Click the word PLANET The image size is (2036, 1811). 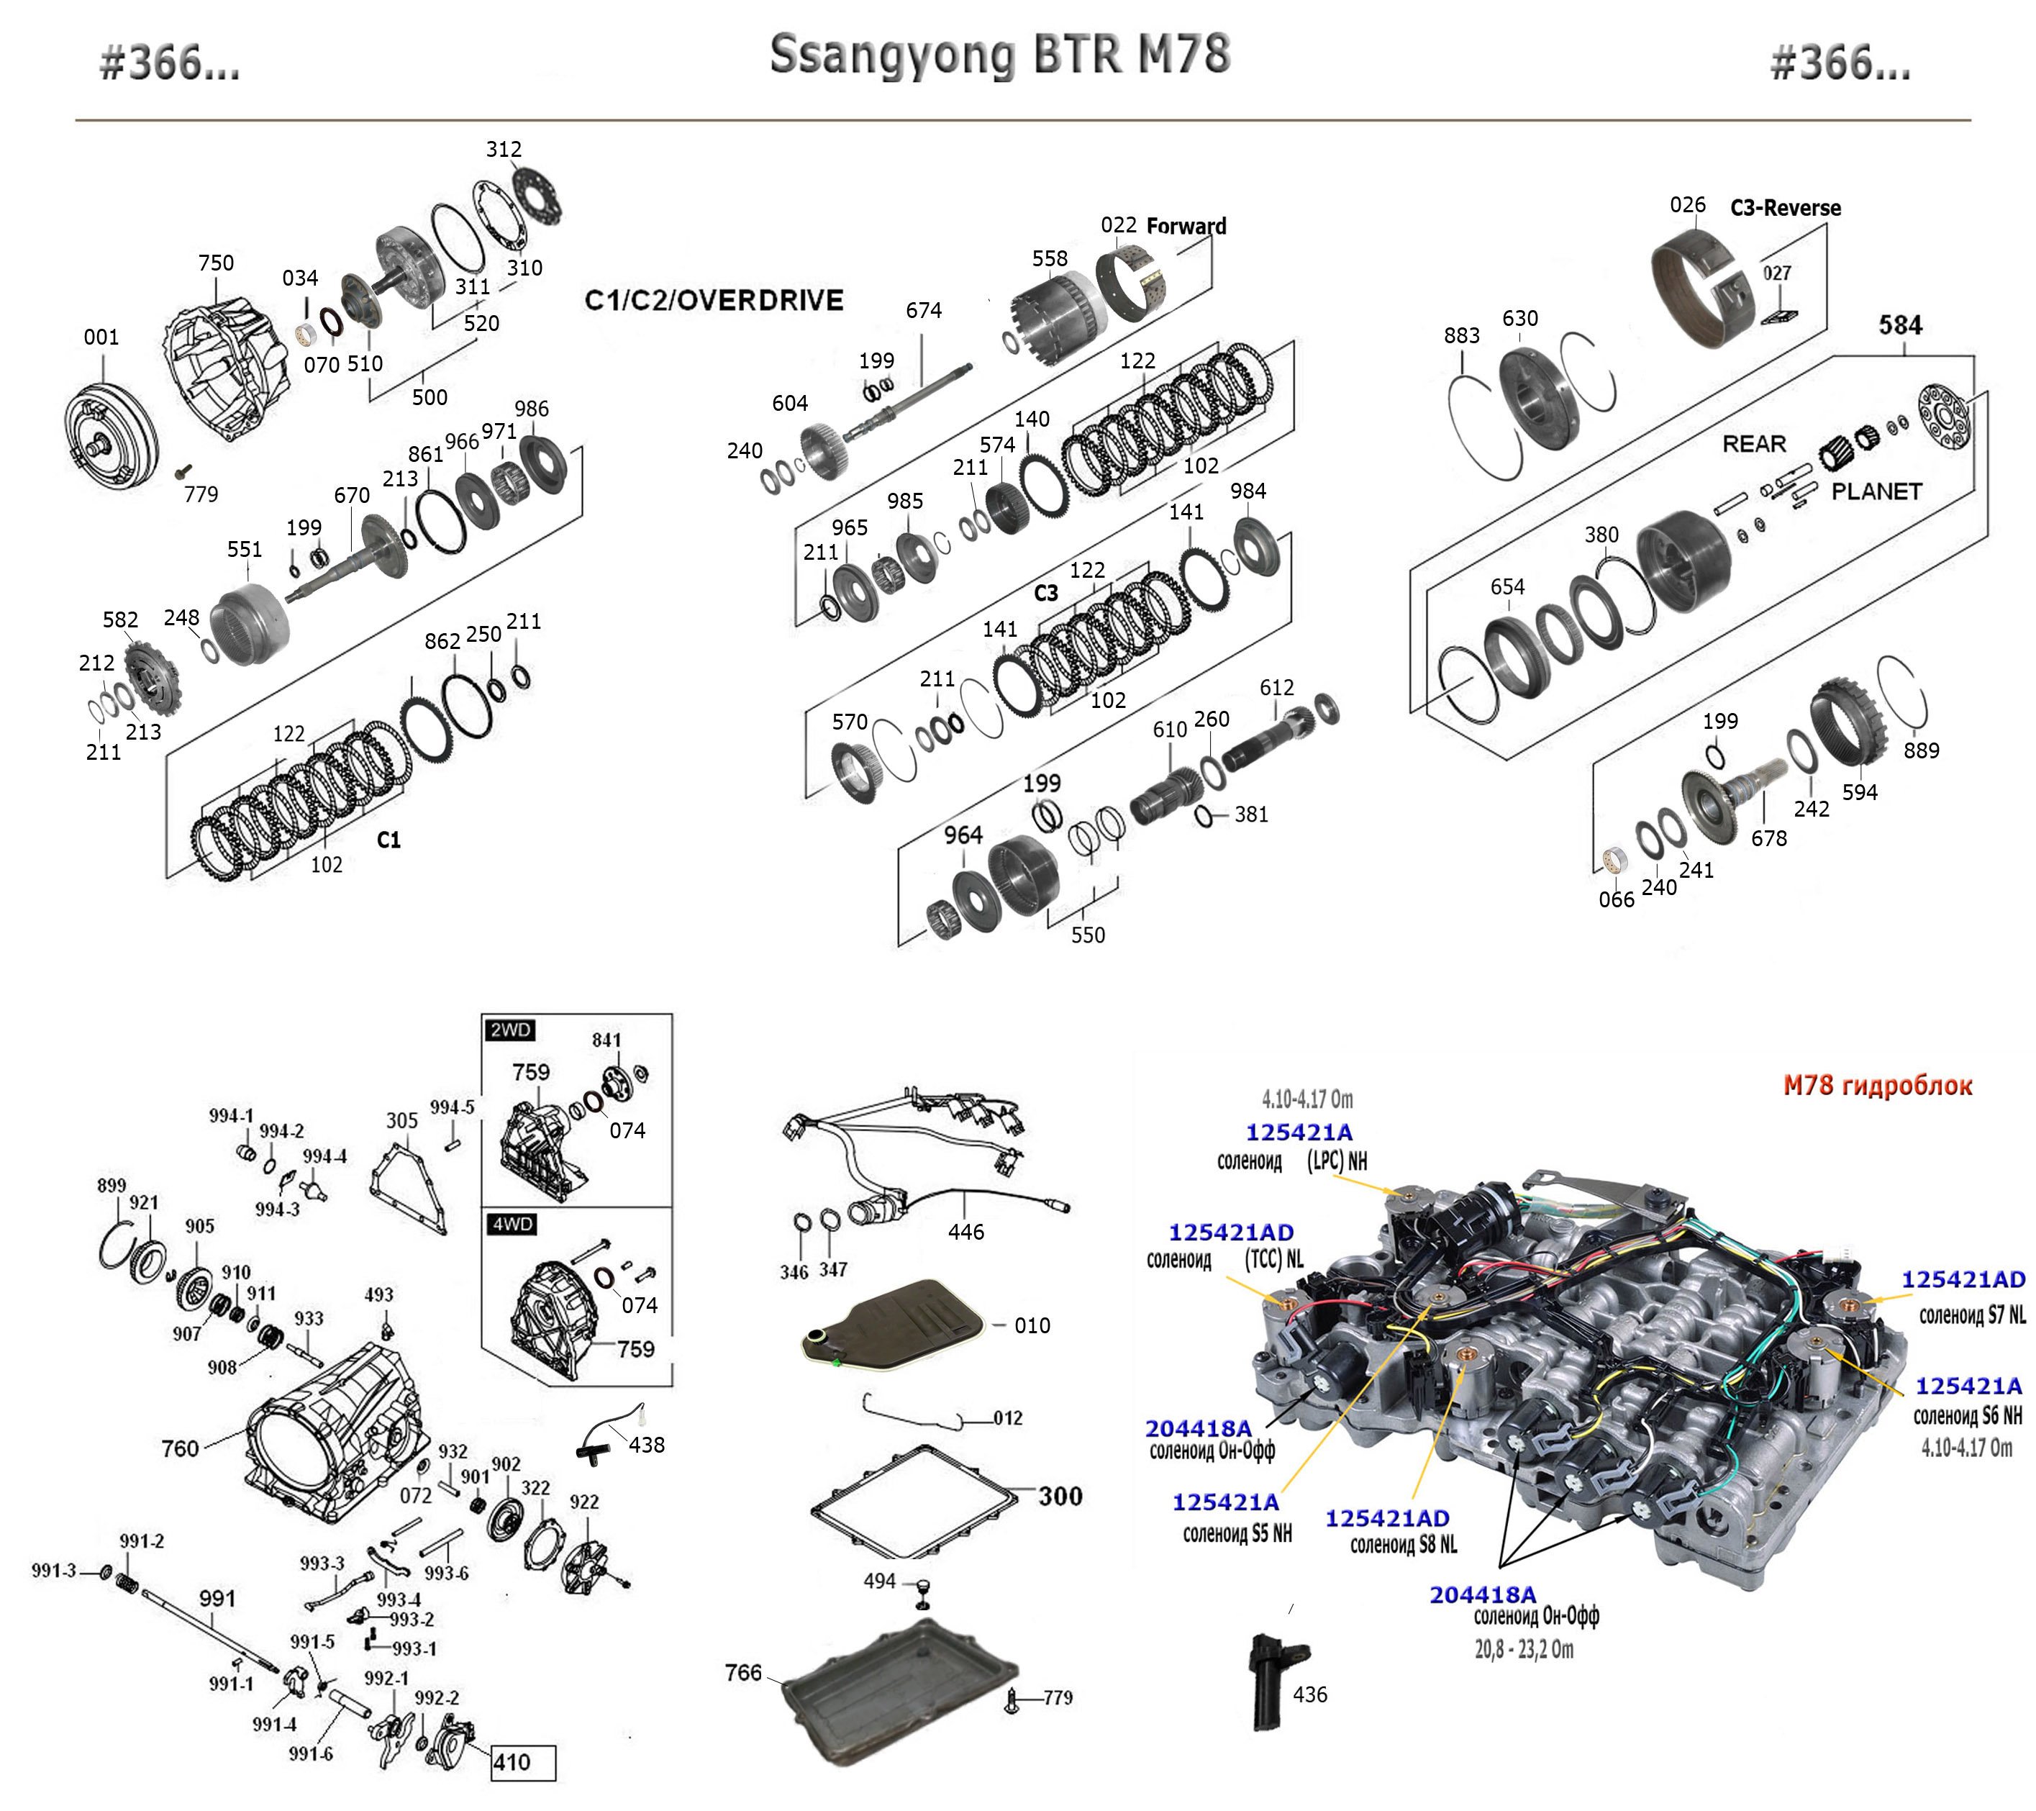click(1876, 491)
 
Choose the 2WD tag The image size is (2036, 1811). click(509, 1030)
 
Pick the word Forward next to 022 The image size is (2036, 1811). click(1186, 226)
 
